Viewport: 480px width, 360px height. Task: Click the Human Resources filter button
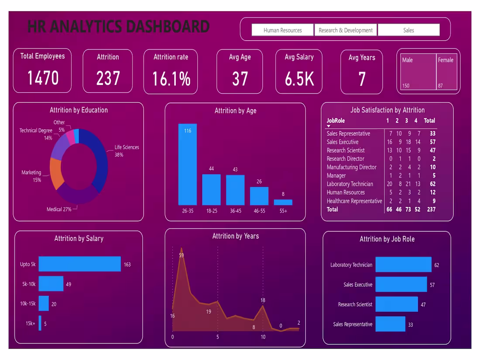click(x=282, y=30)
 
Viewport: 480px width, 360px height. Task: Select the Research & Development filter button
click(x=346, y=30)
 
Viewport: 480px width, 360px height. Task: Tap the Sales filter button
click(x=408, y=30)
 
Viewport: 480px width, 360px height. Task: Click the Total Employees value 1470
click(x=43, y=78)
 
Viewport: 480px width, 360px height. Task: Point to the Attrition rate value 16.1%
click(x=171, y=79)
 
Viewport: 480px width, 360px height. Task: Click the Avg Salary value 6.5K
click(x=299, y=79)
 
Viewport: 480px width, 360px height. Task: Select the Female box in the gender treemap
click(x=446, y=72)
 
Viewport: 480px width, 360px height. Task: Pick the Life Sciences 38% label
click(x=127, y=151)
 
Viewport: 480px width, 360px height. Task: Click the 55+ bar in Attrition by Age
click(x=283, y=202)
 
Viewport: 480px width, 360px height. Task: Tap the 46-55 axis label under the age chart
click(x=259, y=211)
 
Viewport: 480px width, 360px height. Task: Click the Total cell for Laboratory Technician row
click(x=432, y=184)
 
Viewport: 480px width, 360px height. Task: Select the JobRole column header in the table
click(x=336, y=120)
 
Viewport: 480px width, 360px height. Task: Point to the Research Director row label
click(x=345, y=159)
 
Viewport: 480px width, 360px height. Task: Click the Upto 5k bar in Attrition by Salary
click(x=79, y=264)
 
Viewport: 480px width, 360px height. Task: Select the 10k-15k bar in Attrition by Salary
click(x=44, y=303)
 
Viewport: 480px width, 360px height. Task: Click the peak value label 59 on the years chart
click(x=181, y=255)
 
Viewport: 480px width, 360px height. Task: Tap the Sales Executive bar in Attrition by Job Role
click(x=401, y=285)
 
